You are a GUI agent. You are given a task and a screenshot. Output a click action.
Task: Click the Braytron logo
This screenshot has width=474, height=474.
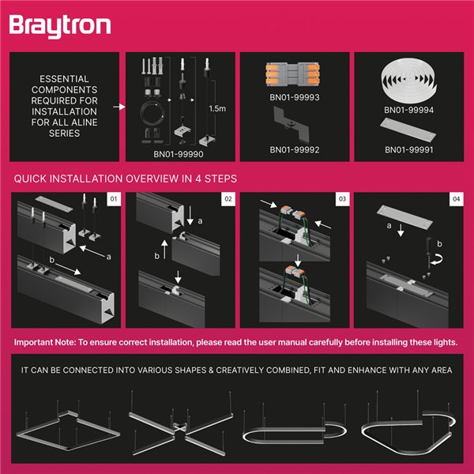(x=60, y=25)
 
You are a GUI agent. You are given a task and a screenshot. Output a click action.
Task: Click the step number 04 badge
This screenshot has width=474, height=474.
(x=456, y=200)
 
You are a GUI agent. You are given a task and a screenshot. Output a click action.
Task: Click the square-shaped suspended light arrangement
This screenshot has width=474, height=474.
(x=66, y=431)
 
